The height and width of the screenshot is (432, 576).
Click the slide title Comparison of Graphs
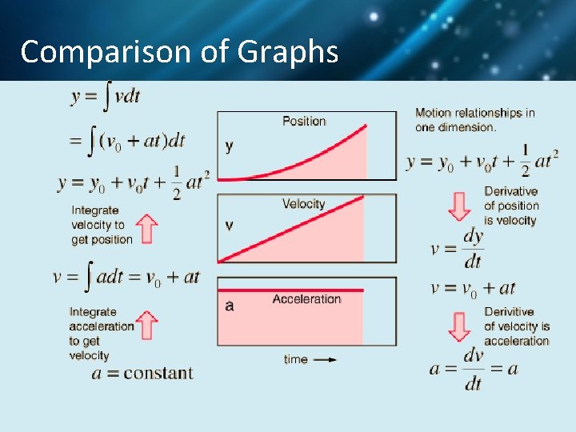[x=179, y=52]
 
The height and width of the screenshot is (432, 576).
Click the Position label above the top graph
[x=304, y=121]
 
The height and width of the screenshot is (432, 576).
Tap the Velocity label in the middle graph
[x=303, y=204]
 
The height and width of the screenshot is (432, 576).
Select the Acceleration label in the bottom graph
[x=306, y=299]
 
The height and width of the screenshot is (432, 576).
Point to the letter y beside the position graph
[x=230, y=146]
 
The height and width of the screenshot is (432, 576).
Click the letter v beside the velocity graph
[x=230, y=226]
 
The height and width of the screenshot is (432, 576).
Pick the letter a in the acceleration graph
[x=230, y=306]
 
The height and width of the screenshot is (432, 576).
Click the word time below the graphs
[x=296, y=359]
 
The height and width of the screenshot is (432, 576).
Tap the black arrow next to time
[x=325, y=359]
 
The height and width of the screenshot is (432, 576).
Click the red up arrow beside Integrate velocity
[x=146, y=228]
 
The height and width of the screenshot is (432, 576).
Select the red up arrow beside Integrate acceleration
[x=146, y=326]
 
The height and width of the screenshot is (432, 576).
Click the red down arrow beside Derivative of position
[x=459, y=206]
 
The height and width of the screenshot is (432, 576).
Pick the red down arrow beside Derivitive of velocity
[x=459, y=326]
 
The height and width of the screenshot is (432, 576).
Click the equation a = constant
[x=142, y=373]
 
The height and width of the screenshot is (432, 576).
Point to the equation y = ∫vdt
[x=106, y=97]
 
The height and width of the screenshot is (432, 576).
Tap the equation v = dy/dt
[x=458, y=248]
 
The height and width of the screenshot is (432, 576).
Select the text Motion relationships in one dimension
[x=474, y=119]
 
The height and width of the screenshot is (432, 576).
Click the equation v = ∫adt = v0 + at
[x=126, y=278]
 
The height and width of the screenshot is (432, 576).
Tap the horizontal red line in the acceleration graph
[x=290, y=290]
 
